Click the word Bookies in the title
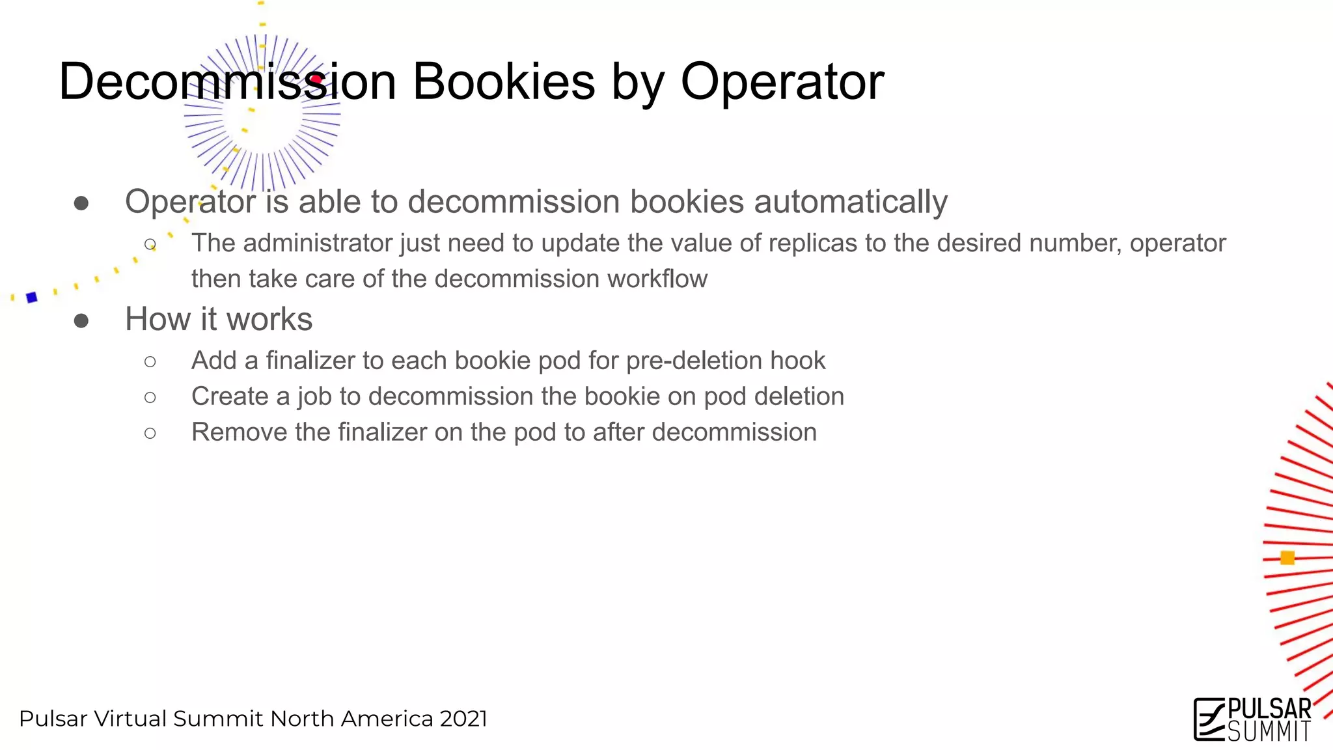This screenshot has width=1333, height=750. pos(504,82)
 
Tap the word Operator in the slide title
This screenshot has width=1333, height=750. pos(782,82)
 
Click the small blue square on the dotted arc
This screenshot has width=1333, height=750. pos(31,298)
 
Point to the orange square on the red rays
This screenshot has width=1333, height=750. pos(1287,558)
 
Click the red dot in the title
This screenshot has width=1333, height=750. pos(316,80)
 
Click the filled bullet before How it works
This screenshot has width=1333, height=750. pos(81,320)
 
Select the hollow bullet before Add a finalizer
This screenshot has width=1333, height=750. pos(150,361)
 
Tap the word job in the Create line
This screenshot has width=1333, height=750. pos(314,397)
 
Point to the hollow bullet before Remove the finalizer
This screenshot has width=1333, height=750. pos(150,433)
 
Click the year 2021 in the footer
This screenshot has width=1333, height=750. pos(463,719)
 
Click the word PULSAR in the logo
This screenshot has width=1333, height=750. pos(1269,710)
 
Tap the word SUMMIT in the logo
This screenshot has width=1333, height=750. pos(1269,732)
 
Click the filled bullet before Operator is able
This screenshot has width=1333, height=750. pos(81,203)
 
